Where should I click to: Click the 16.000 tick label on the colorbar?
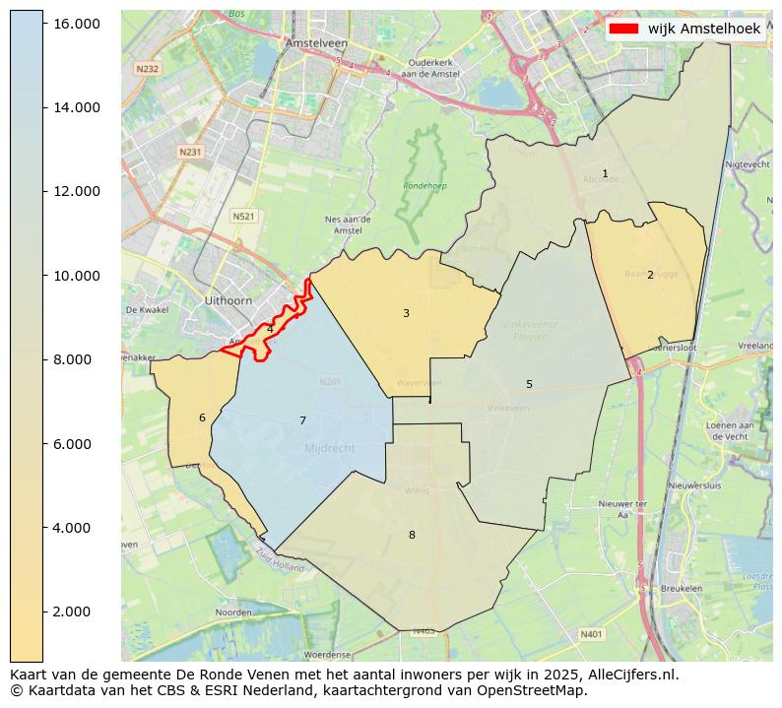pos(76,23)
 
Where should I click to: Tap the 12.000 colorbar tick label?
pos(76,191)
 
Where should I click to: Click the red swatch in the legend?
pos(624,29)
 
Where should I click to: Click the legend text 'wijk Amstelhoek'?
pos(704,29)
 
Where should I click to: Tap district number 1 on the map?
pos(605,173)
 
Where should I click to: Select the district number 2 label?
pos(650,275)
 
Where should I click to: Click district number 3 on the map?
pos(406,313)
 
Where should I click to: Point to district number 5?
pos(529,384)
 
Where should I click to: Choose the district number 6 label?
pos(202,418)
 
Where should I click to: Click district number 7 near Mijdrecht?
pos(302,420)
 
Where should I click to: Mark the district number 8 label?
pos(412,535)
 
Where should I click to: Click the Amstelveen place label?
pos(309,44)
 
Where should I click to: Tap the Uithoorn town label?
pos(228,299)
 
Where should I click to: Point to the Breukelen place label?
pos(683,588)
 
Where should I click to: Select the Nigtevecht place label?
pos(747,163)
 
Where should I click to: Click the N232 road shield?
pos(147,68)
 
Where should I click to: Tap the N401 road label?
pos(591,634)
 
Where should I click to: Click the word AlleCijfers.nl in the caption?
pos(629,675)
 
